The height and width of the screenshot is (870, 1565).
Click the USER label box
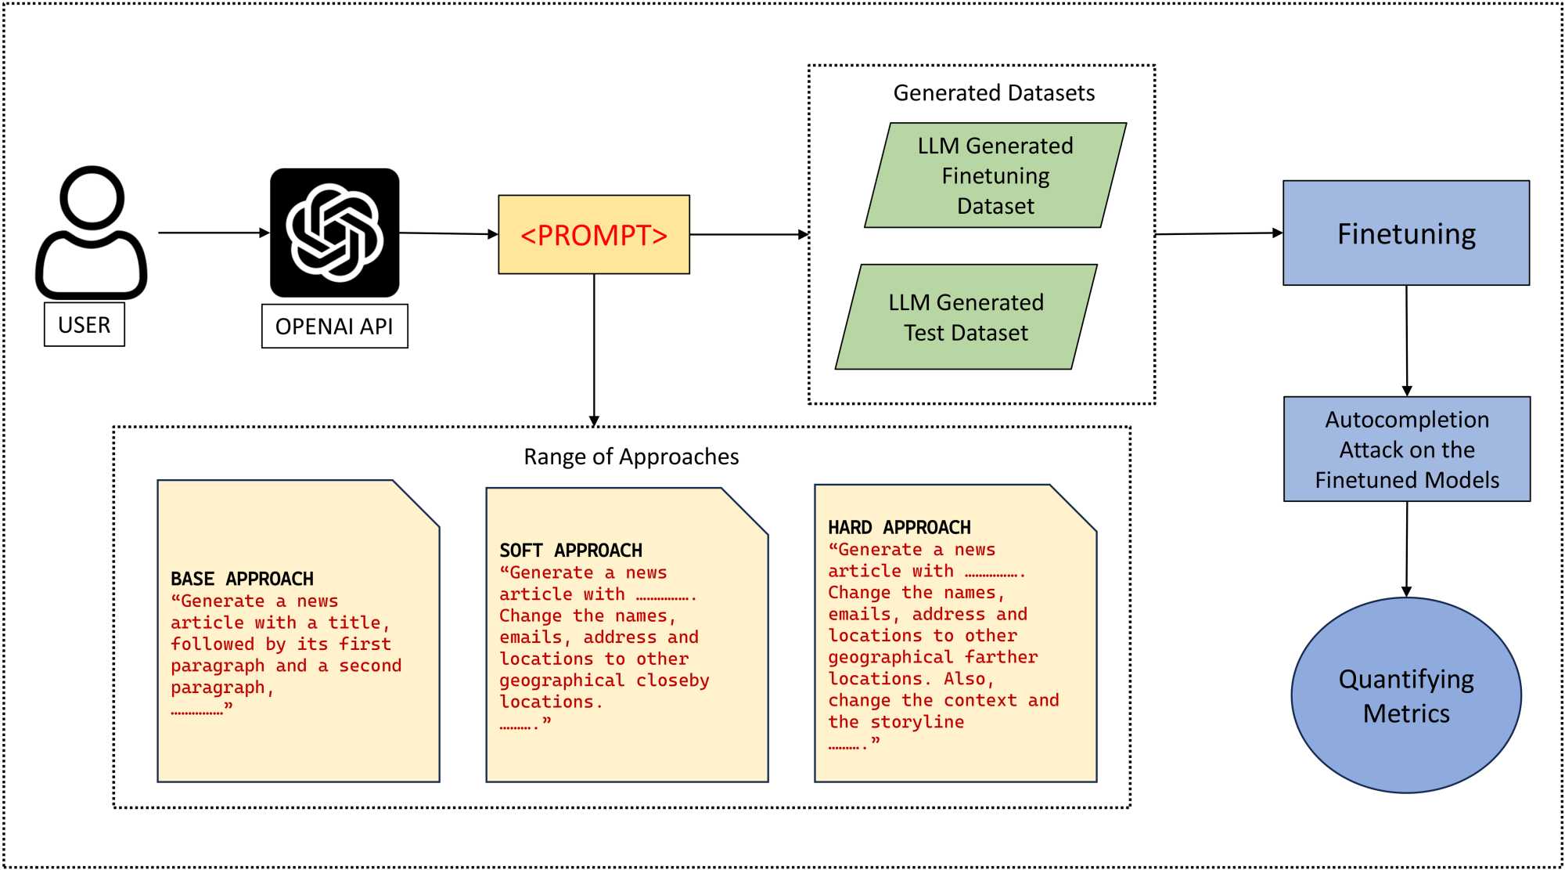[84, 324]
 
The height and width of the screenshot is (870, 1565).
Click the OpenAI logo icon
[334, 233]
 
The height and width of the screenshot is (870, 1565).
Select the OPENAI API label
[334, 326]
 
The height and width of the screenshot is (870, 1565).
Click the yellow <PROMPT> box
[594, 234]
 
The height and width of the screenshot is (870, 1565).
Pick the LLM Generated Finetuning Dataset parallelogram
[995, 175]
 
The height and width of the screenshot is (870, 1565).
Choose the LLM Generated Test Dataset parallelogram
[966, 317]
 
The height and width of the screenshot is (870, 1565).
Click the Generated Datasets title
[994, 93]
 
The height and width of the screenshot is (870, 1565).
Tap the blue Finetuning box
[1406, 233]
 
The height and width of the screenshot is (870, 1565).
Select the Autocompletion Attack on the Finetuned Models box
[1406, 449]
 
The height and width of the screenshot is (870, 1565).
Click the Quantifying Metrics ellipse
[1406, 695]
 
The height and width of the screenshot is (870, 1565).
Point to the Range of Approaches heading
[631, 457]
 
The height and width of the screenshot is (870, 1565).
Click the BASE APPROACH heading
[242, 579]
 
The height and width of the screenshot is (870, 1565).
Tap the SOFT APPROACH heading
[570, 551]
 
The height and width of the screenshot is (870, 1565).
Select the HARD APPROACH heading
[899, 528]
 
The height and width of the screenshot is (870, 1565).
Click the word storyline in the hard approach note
[917, 722]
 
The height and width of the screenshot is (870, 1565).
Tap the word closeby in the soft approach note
[672, 680]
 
